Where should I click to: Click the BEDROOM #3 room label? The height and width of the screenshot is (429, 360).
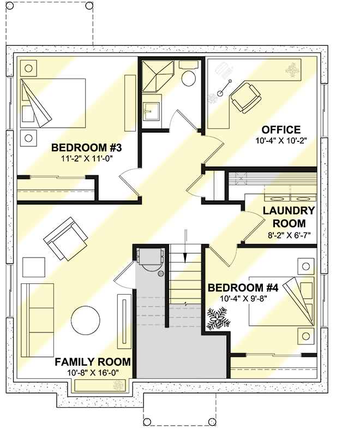pyautogui.click(x=87, y=147)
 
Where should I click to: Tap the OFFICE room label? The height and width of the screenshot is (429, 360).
pyautogui.click(x=281, y=130)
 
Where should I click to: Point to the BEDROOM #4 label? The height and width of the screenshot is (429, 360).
pyautogui.click(x=243, y=288)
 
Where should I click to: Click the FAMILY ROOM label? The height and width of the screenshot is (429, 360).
pyautogui.click(x=92, y=361)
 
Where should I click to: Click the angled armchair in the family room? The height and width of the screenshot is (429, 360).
pyautogui.click(x=66, y=239)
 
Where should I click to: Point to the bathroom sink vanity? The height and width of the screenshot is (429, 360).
pyautogui.click(x=151, y=112)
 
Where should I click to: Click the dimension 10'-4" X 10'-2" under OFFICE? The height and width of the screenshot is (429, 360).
pyautogui.click(x=281, y=140)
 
